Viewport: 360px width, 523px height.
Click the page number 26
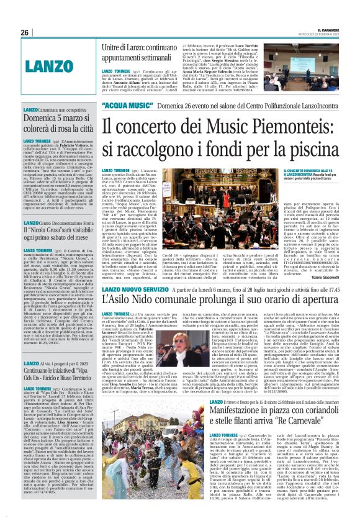tap(25, 33)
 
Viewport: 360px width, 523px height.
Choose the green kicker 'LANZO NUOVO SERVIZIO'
tap(137, 289)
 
